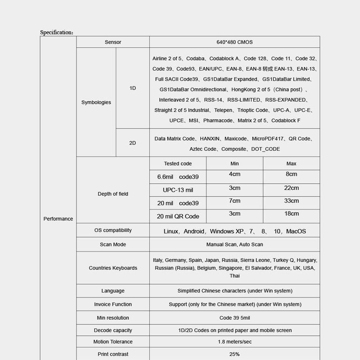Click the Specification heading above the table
click(57, 32)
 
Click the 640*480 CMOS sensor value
click(234, 42)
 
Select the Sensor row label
click(113, 42)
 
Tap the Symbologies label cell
click(96, 103)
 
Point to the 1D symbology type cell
click(133, 88)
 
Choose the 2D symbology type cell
click(133, 143)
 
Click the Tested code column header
click(178, 164)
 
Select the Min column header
click(234, 164)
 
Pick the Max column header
click(291, 164)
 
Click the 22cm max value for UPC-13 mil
click(291, 188)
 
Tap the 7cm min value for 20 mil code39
click(234, 201)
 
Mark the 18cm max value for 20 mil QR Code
click(291, 214)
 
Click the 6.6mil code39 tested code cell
click(178, 177)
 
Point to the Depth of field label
click(113, 194)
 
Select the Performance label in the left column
click(58, 219)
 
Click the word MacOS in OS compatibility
click(296, 231)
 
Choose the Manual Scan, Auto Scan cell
click(234, 244)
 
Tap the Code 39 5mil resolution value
click(234, 318)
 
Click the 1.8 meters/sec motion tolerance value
click(234, 342)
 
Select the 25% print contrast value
click(234, 354)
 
